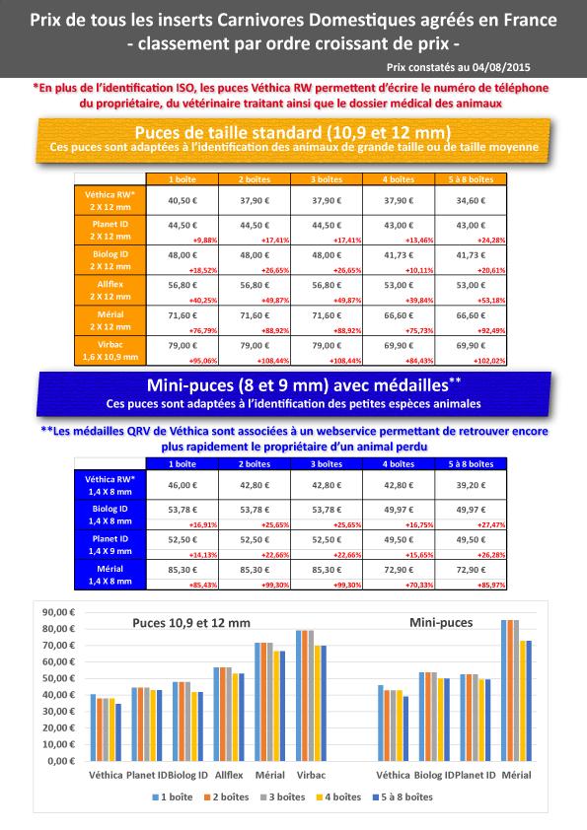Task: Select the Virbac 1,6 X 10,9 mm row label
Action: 110,350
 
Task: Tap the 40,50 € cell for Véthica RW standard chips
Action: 183,201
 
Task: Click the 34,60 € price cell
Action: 471,201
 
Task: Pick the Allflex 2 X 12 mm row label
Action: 110,290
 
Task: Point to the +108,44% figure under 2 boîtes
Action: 274,361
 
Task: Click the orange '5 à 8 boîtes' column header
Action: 471,179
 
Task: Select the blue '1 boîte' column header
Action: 183,463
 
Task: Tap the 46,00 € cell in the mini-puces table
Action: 183,485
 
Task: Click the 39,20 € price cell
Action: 471,485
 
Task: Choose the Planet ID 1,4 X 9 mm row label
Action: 110,545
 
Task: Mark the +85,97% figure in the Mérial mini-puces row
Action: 491,586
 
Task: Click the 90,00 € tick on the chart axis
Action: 58,612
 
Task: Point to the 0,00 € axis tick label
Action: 61,761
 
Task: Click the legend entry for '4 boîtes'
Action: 338,797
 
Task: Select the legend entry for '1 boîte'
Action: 173,797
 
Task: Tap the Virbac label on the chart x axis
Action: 311,775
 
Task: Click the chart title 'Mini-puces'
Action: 441,623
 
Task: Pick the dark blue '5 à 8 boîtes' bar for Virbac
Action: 324,704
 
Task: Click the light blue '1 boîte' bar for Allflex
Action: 217,714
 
